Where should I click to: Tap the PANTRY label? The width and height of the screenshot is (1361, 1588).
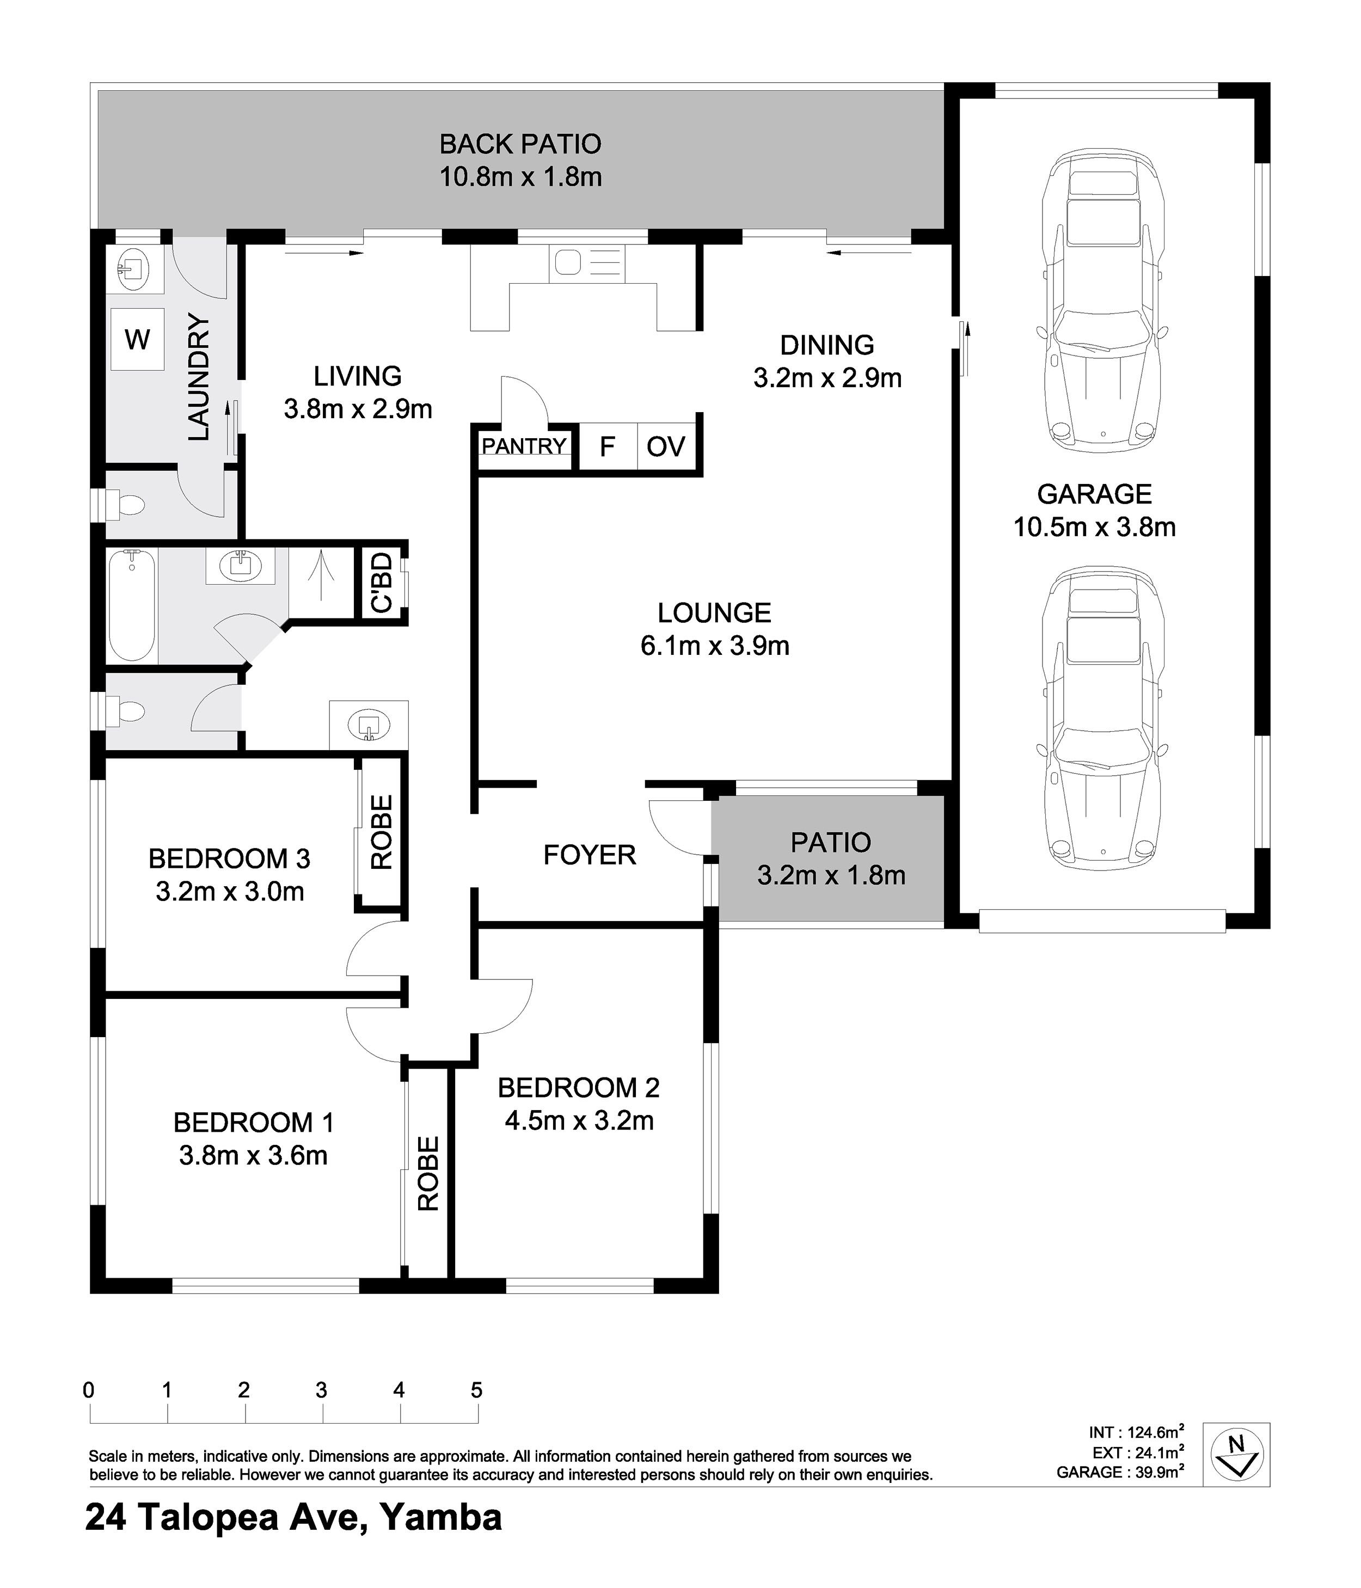524,445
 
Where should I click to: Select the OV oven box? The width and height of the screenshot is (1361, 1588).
666,446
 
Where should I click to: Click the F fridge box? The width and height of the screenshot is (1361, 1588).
608,446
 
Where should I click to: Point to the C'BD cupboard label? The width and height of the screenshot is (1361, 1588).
382,583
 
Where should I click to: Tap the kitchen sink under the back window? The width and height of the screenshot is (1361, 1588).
587,263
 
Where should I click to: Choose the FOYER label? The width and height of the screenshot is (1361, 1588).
589,855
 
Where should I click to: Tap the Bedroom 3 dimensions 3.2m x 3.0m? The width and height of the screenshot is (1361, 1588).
230,891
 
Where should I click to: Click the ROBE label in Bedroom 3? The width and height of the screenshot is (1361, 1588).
382,831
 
